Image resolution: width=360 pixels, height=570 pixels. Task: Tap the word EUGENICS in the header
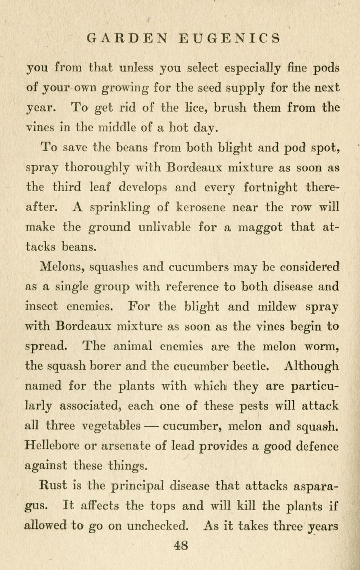pos(230,38)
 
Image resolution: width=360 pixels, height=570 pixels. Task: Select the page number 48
pos(181,546)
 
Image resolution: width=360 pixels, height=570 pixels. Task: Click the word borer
pos(114,366)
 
